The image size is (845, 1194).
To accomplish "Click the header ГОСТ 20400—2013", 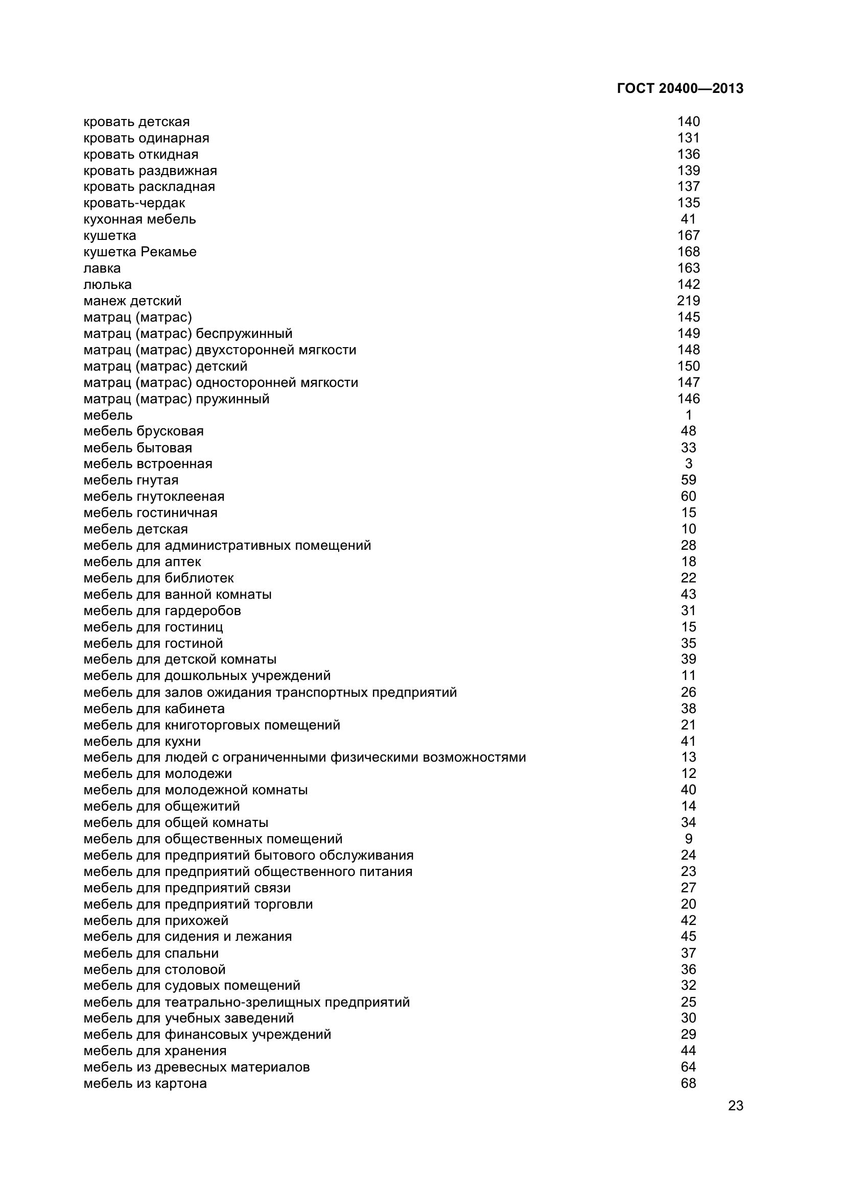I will (680, 88).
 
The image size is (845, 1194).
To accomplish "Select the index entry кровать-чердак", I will (134, 203).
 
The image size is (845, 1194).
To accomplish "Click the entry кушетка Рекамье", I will (140, 252).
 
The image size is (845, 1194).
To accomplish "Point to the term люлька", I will (108, 284).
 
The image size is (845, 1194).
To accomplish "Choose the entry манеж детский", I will (133, 301).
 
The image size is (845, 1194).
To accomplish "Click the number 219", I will (688, 301).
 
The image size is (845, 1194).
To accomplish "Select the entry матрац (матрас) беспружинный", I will (188, 333).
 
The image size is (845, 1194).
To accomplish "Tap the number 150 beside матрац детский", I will (688, 366).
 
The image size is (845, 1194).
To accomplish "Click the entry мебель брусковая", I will (144, 431).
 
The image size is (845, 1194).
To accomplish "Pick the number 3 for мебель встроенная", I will (688, 464).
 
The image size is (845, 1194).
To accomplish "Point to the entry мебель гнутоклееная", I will (154, 496).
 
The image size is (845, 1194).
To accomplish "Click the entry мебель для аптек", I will (142, 562).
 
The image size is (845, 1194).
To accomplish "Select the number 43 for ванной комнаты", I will (688, 594).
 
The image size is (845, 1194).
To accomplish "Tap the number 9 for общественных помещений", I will (688, 839).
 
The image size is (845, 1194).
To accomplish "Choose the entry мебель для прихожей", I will (156, 920).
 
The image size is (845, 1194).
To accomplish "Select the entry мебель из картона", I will (145, 1083).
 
